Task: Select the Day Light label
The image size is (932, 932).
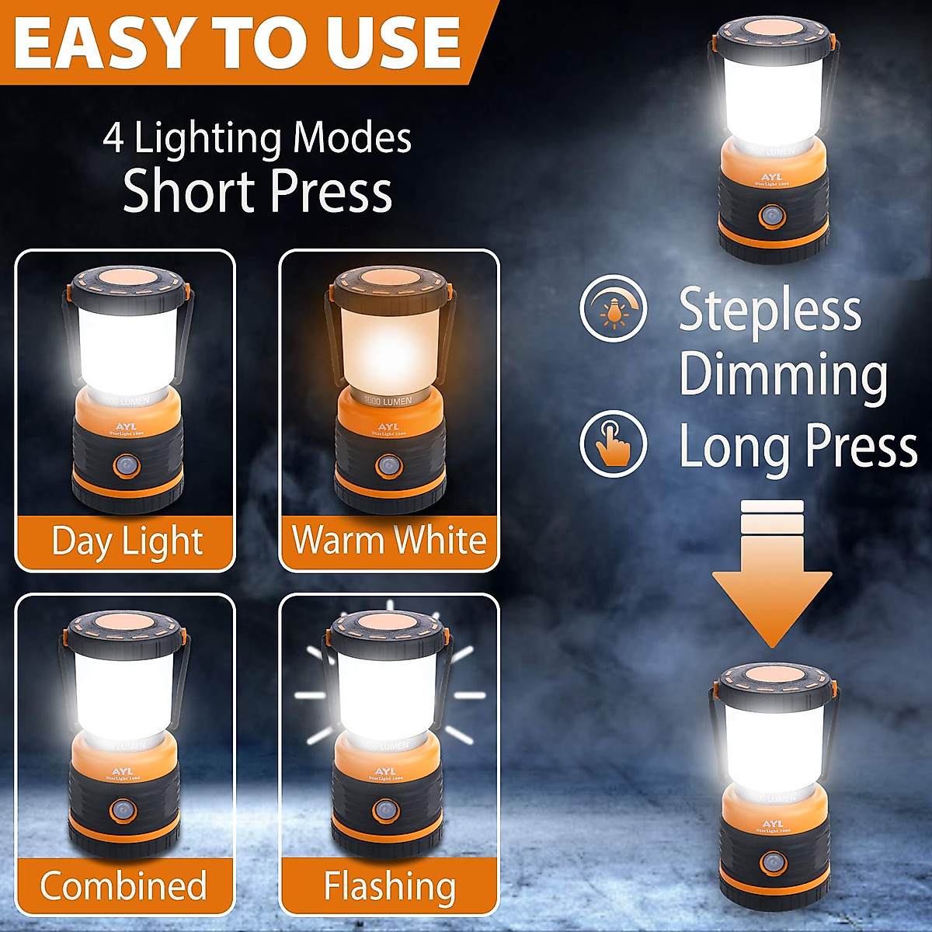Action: [x=127, y=541]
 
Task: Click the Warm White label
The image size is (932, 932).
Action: [x=389, y=540]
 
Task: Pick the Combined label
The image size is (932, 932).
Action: [x=123, y=886]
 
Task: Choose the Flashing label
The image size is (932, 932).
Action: [x=389, y=886]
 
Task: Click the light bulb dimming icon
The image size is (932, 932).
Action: [x=614, y=308]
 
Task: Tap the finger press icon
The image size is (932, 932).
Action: [x=614, y=443]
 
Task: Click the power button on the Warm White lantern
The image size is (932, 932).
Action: [x=388, y=467]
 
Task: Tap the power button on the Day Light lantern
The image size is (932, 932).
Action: [x=124, y=467]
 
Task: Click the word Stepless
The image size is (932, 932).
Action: [x=770, y=310]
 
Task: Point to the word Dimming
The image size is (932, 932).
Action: [x=783, y=375]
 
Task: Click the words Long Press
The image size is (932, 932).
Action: [x=798, y=447]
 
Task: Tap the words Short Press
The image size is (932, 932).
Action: [x=257, y=192]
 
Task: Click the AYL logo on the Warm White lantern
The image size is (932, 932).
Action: [x=388, y=427]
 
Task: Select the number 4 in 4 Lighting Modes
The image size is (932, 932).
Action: [x=113, y=138]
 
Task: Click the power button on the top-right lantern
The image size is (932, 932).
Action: [x=771, y=215]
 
